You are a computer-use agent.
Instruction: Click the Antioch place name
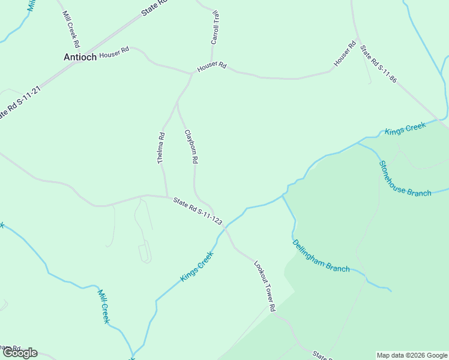(x=80, y=57)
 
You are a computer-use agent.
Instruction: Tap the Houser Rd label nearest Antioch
(x=114, y=53)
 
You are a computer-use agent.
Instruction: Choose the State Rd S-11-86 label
(x=378, y=62)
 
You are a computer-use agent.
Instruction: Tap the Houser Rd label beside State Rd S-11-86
(x=345, y=53)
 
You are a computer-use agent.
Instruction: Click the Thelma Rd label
(x=161, y=148)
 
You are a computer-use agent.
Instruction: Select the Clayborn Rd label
(x=191, y=147)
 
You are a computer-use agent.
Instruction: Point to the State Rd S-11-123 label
(x=197, y=212)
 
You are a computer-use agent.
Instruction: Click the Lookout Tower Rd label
(x=264, y=286)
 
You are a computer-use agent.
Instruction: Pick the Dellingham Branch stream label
(x=321, y=256)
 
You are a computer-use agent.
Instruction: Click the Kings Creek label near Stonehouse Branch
(x=405, y=128)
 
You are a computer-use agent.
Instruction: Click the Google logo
(x=20, y=353)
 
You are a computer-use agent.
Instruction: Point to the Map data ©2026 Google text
(x=412, y=355)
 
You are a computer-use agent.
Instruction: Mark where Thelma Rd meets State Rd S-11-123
(x=167, y=196)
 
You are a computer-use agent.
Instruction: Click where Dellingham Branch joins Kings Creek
(x=283, y=195)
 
